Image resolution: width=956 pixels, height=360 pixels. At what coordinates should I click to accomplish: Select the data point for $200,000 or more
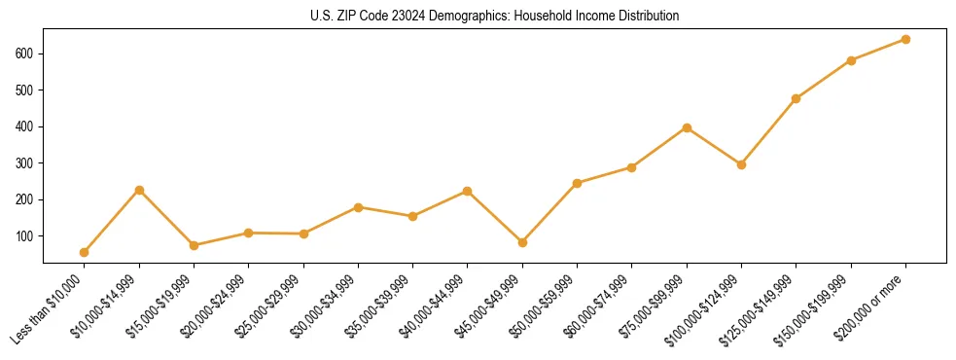coord(905,39)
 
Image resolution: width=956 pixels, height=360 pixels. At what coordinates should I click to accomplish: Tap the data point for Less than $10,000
coord(85,252)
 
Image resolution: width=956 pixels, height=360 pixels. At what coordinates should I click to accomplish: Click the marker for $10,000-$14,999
coord(139,190)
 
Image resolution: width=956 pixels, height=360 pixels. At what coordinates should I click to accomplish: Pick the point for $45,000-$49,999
coord(522,242)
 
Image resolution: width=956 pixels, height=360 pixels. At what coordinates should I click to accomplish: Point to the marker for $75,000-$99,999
coord(687,127)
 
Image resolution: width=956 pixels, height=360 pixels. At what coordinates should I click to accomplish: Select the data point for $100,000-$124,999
coord(741,164)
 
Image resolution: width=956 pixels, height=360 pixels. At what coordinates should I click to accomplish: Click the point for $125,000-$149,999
coord(796,98)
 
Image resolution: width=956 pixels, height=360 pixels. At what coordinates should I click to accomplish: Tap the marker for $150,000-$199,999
coord(851,60)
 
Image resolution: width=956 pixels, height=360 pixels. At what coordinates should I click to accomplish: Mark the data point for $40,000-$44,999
coord(468,191)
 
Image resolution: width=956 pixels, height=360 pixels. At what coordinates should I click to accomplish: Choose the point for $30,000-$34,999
coord(358,207)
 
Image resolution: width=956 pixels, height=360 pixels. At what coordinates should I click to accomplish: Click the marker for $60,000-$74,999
coord(632,167)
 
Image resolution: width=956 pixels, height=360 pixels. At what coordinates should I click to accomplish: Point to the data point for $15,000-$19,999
coord(194,245)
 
